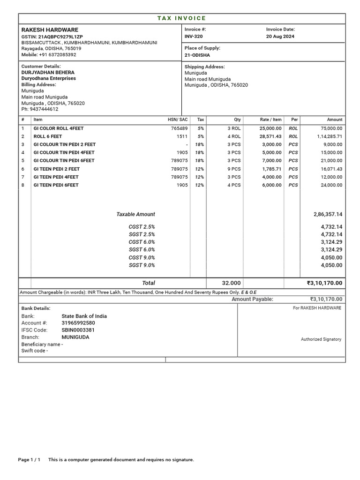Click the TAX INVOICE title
point(181,18)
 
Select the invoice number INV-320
point(194,37)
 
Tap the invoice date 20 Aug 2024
point(280,37)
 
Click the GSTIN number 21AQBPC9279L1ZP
point(60,37)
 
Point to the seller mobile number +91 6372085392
point(57,55)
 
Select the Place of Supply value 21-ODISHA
point(197,55)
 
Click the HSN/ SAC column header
point(178,120)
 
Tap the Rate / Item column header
point(271,120)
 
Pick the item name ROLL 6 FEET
point(47,136)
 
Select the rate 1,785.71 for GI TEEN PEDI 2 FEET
point(271,169)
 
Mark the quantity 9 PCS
point(234,169)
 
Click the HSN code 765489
point(179,128)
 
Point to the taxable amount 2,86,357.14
point(328,214)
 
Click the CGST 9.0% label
point(142,257)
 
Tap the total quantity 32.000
point(231,283)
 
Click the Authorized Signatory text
point(321,339)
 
